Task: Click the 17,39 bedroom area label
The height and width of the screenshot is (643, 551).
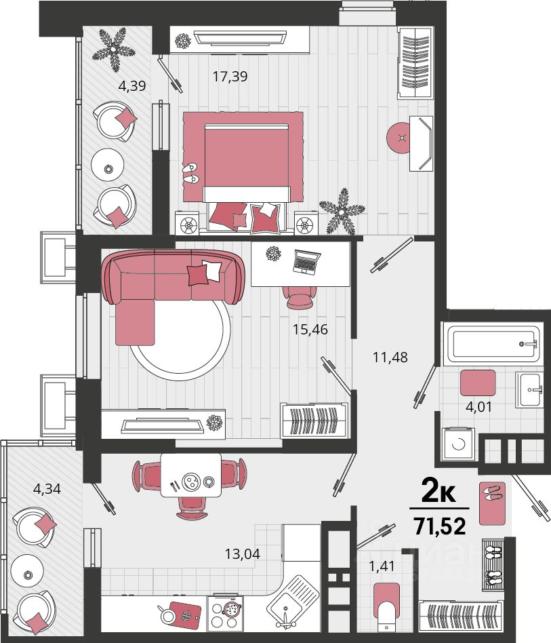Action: click(x=230, y=76)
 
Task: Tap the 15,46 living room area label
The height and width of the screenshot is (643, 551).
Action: click(x=310, y=329)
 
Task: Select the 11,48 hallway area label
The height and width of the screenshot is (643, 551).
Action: click(x=390, y=357)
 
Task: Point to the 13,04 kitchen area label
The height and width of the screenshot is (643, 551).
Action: click(x=242, y=554)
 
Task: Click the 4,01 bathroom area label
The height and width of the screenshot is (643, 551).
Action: click(x=478, y=407)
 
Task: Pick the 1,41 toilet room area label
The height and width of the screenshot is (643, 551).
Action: click(x=382, y=566)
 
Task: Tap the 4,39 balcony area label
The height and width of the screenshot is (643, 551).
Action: click(x=132, y=85)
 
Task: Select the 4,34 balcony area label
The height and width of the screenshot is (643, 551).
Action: click(x=47, y=489)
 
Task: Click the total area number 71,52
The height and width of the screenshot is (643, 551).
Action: click(x=440, y=526)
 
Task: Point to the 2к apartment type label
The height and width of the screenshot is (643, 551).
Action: click(x=438, y=492)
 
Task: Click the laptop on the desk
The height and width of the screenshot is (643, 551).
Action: click(x=306, y=262)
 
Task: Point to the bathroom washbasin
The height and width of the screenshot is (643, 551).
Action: click(x=529, y=389)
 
